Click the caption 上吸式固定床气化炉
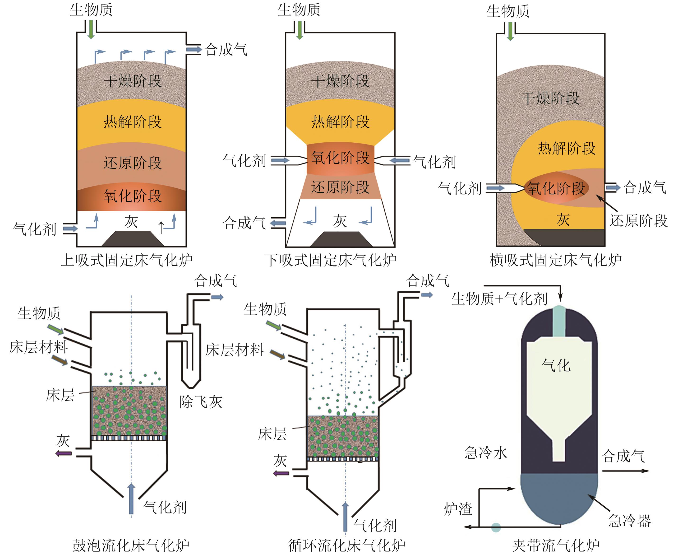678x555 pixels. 127,260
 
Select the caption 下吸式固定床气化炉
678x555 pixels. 331,260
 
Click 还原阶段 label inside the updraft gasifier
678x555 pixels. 133,163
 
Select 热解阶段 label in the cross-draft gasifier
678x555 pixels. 567,148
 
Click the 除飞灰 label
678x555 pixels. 201,402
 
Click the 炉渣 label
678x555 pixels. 458,509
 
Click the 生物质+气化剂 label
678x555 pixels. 499,299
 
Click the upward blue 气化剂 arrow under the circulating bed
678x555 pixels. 345,517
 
